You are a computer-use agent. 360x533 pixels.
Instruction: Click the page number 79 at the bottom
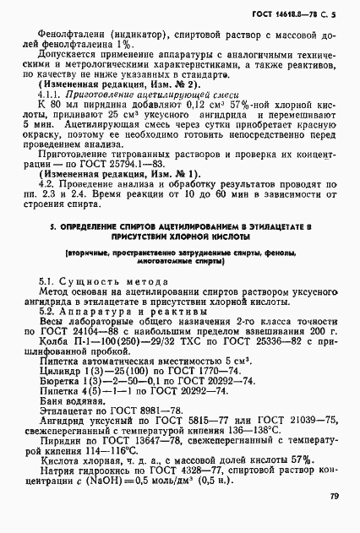click(335, 496)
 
